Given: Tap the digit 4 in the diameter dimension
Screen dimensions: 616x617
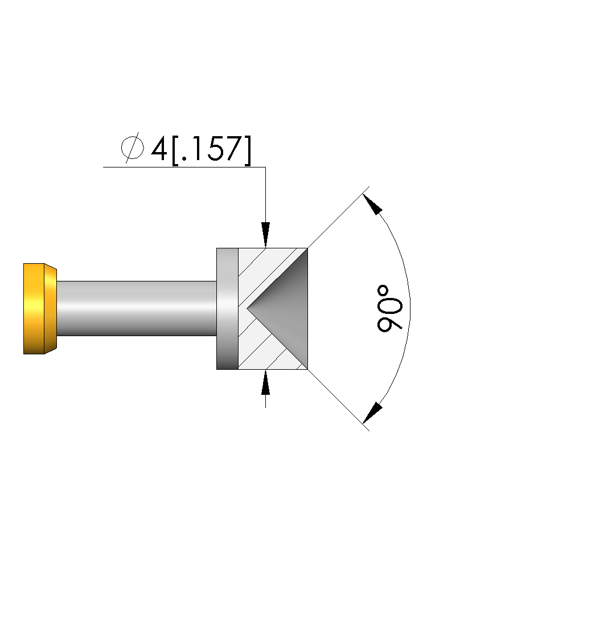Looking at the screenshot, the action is [159, 149].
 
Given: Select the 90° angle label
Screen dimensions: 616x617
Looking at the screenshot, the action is [389, 309].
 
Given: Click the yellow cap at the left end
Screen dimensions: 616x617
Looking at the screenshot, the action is [40, 309].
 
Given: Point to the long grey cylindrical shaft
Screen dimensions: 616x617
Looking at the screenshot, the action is [137, 308].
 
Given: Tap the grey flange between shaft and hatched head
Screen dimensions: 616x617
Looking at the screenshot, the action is [228, 309].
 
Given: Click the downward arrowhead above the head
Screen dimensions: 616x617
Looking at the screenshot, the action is [266, 235].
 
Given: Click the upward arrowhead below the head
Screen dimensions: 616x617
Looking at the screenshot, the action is [266, 382].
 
